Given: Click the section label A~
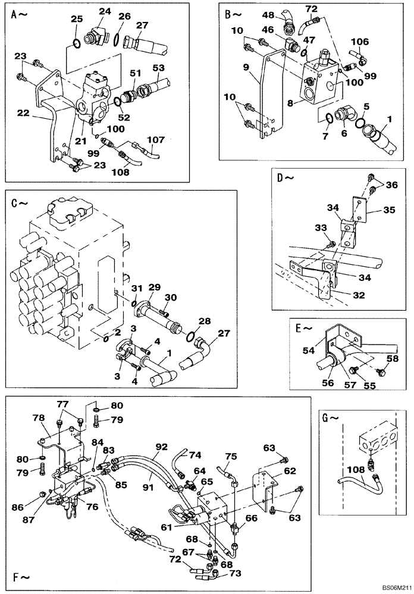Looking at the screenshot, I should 19,16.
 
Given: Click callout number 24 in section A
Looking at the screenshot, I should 105,11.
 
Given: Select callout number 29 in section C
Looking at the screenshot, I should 155,287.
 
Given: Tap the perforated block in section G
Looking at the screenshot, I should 375,444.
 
